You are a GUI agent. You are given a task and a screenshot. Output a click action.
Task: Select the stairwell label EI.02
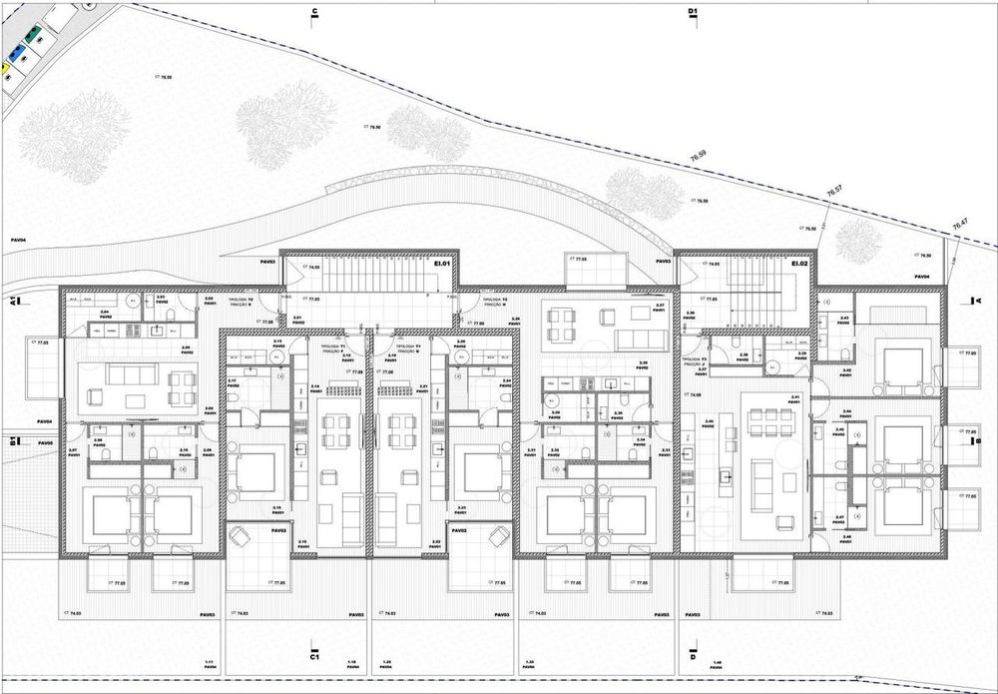pos(797,264)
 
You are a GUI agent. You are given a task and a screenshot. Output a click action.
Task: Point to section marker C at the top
pos(314,12)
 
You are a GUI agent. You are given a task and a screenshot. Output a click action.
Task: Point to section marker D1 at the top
pos(693,12)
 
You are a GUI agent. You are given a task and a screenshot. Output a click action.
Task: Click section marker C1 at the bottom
pos(313,658)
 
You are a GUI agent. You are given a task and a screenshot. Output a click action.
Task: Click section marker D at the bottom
pos(692,658)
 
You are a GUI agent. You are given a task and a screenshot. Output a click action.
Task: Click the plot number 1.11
pos(210,662)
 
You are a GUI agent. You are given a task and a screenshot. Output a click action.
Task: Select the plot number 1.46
pos(744,662)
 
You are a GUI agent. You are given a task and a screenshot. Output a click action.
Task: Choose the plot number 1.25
pos(390,662)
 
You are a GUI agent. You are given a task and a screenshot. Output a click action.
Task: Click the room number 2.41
pos(767,398)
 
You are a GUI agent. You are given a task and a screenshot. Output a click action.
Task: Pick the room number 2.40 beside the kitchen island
pos(709,421)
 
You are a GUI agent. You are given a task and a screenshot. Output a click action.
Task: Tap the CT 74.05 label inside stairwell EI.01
pos(314,268)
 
